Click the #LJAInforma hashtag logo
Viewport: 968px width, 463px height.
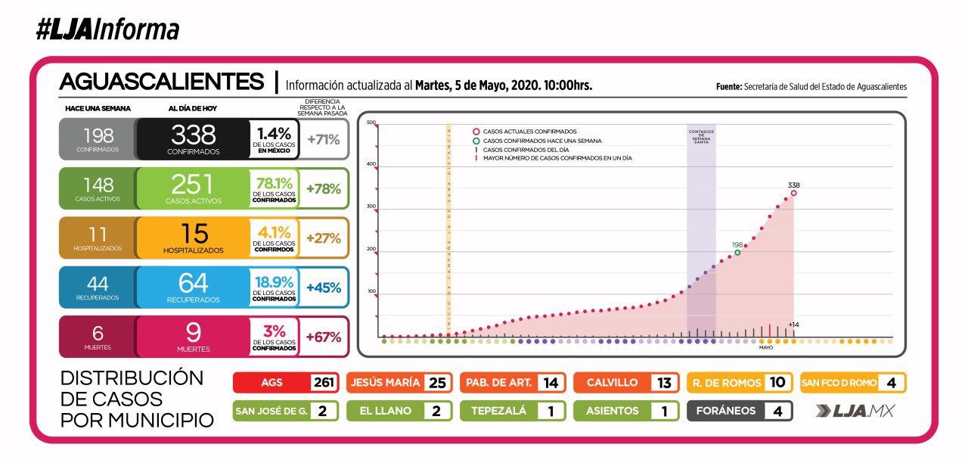coord(107,30)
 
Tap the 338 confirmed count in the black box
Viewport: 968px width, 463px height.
coord(194,135)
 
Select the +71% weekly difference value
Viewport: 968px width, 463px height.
coord(324,139)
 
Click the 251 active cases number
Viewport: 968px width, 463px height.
coord(194,185)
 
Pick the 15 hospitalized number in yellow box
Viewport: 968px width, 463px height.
coord(194,233)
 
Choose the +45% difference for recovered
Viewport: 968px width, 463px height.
coord(324,287)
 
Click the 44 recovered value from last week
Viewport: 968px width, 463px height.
coord(98,284)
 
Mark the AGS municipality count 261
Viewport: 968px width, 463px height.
coord(323,383)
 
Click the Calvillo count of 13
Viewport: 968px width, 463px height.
coord(664,383)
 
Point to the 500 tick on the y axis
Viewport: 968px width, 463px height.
coord(371,123)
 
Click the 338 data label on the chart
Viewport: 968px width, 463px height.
coord(793,185)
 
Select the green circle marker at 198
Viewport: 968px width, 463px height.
coord(737,253)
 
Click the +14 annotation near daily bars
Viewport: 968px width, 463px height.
coord(793,325)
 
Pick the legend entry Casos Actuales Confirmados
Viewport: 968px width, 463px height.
coord(529,131)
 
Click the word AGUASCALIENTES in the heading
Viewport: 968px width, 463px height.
coord(162,82)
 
